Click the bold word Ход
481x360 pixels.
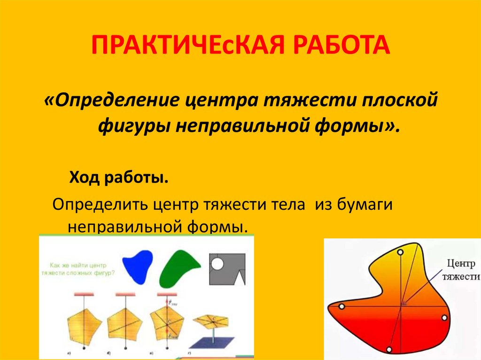pyautogui.click(x=85, y=178)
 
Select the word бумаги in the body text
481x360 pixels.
pyautogui.click(x=365, y=205)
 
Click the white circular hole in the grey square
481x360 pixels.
pyautogui.click(x=217, y=264)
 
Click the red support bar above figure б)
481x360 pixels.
pyautogui.click(x=125, y=294)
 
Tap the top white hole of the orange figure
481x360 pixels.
pyautogui.click(x=400, y=252)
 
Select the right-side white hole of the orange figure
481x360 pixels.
pyautogui.click(x=444, y=318)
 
